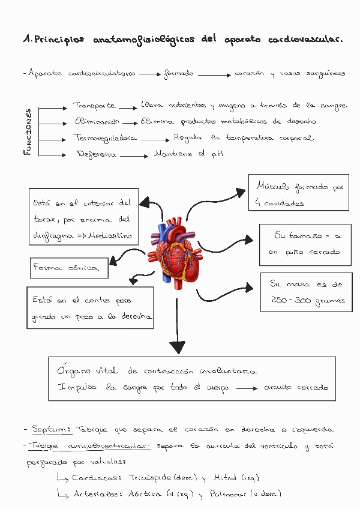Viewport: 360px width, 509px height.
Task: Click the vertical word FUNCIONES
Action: pyautogui.click(x=28, y=132)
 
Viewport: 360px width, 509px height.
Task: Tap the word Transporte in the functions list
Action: pyautogui.click(x=94, y=106)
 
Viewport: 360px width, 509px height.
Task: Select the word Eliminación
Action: pyautogui.click(x=97, y=121)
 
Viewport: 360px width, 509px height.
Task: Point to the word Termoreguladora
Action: pyautogui.click(x=105, y=138)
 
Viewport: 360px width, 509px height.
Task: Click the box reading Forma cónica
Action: pyautogui.click(x=68, y=268)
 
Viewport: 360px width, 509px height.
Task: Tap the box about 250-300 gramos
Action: pyautogui.click(x=305, y=292)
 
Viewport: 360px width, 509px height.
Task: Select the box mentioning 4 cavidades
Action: pyautogui.click(x=298, y=193)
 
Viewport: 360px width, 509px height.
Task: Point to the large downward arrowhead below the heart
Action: pyautogui.click(x=177, y=347)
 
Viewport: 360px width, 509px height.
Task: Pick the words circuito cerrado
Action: pyautogui.click(x=296, y=387)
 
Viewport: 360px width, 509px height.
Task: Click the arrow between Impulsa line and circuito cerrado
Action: pyautogui.click(x=246, y=388)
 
